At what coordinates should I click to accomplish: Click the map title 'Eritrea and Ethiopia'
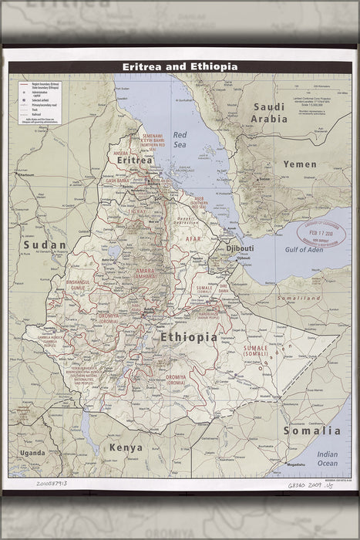tap(180, 67)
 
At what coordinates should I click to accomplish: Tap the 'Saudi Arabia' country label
tap(269, 113)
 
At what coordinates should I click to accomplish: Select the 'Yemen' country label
tap(299, 164)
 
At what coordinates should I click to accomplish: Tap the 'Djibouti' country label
tap(237, 248)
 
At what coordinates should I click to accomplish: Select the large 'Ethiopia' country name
tap(188, 337)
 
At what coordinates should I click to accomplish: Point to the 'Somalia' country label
tap(311, 430)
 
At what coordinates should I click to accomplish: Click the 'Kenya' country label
tap(125, 447)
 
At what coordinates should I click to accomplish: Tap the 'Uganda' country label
tap(32, 452)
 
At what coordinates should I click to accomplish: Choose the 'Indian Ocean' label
tap(327, 459)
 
